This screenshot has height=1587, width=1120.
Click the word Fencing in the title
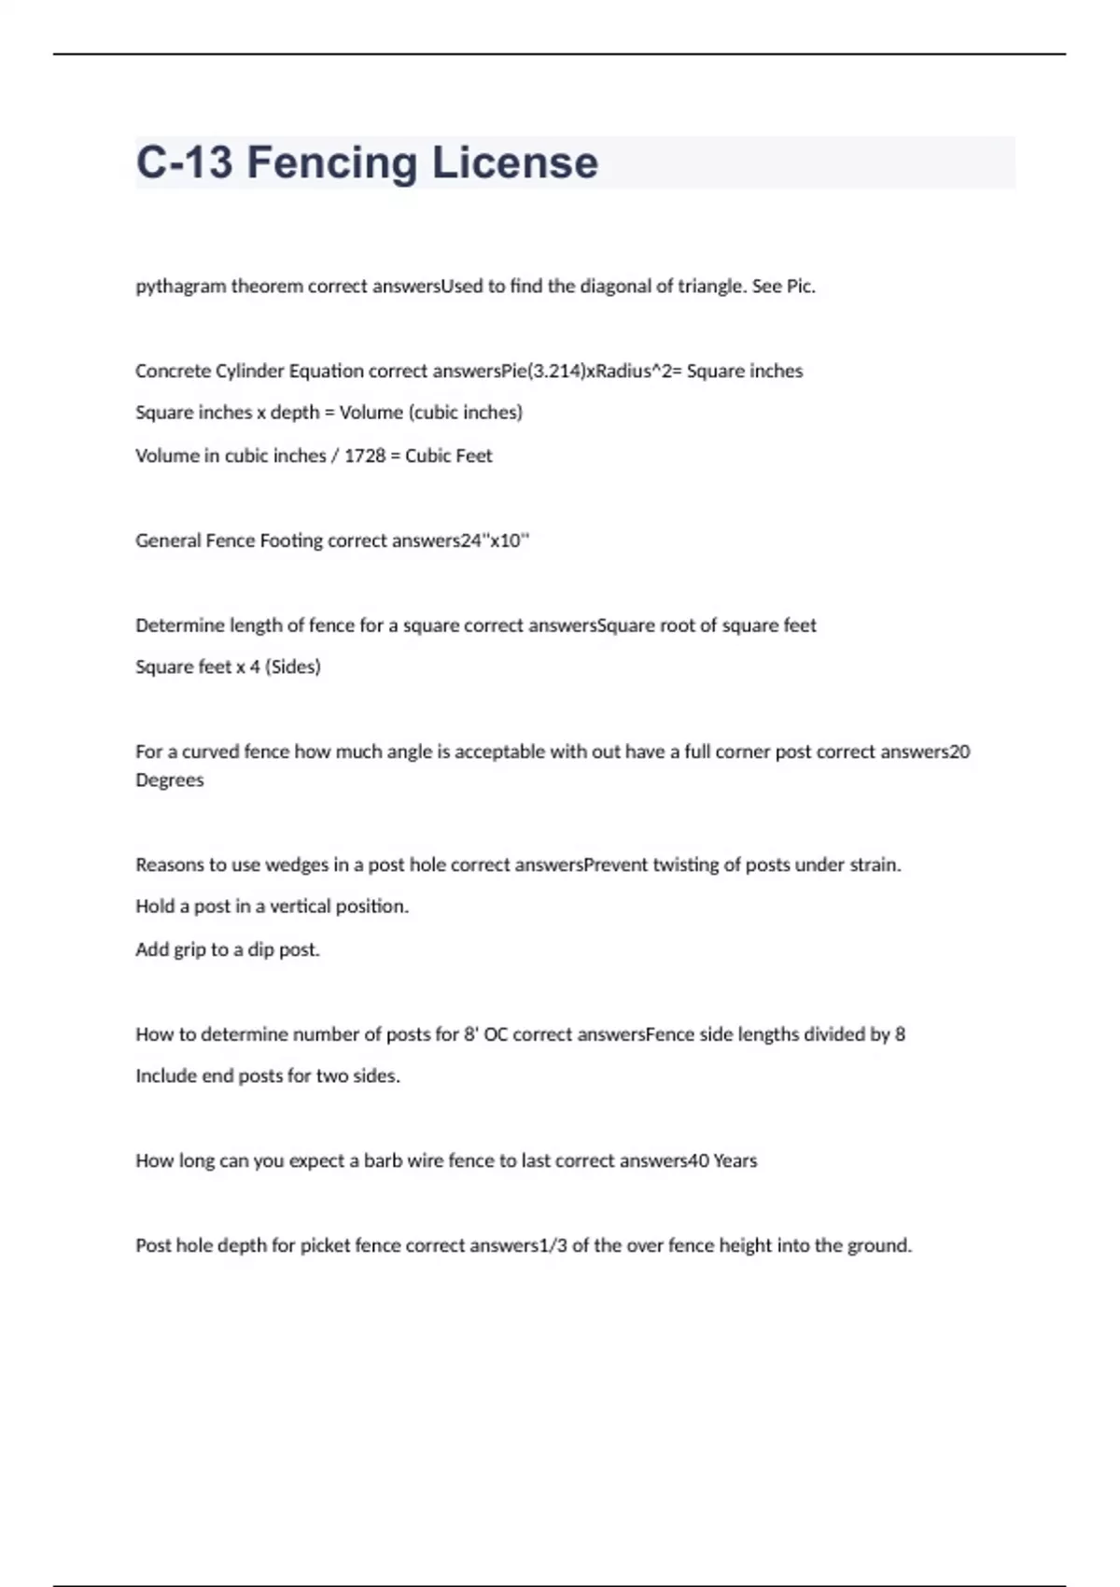[x=331, y=163]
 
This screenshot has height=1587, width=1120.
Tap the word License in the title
[x=514, y=163]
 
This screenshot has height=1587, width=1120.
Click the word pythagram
[x=181, y=287]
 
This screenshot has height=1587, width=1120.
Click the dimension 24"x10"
[x=496, y=541]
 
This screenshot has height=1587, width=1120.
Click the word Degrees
[x=169, y=779]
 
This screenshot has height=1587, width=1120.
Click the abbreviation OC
[x=495, y=1034]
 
